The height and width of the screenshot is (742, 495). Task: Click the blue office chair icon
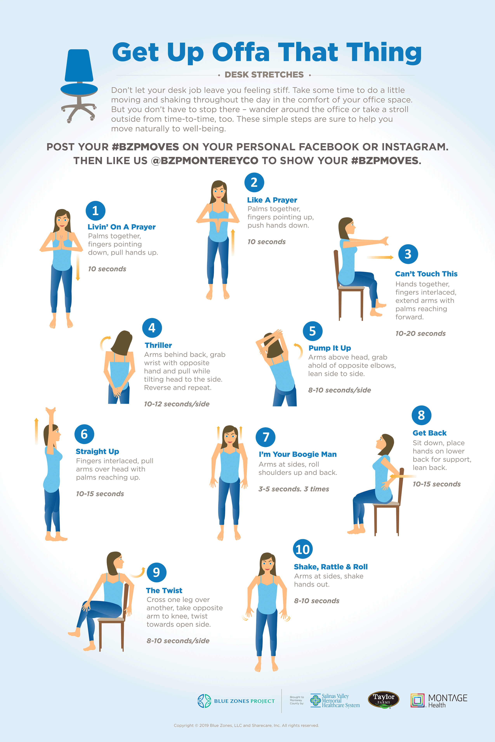79,85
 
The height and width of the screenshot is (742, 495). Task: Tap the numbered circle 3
408,254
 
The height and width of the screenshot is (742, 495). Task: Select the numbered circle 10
303,549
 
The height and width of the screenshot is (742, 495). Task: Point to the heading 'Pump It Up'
330,348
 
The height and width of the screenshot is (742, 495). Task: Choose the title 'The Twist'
164,590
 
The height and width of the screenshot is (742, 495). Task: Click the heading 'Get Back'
429,433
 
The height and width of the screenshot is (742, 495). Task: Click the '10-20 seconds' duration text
420,333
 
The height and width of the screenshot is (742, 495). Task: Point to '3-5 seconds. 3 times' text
294,489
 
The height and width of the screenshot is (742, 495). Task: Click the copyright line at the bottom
246,725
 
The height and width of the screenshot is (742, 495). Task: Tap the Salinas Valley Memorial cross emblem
315,700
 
